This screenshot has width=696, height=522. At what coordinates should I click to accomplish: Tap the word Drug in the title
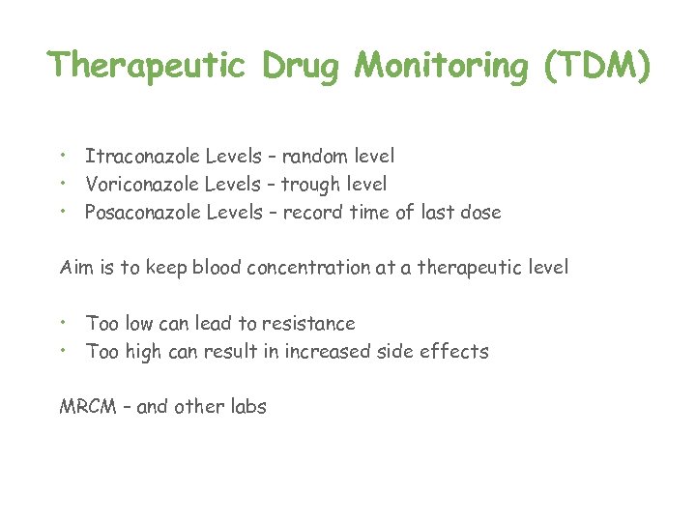[x=301, y=66]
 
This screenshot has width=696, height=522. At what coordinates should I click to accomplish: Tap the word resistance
[x=309, y=323]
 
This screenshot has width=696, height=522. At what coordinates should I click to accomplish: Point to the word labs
[x=246, y=407]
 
